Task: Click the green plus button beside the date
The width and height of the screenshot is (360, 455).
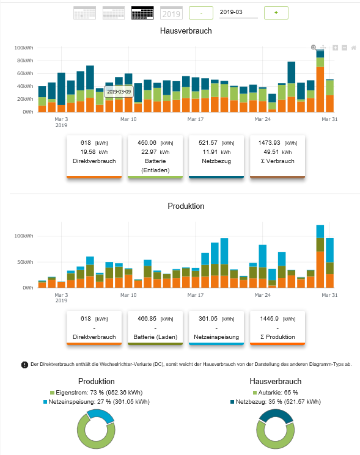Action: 276,13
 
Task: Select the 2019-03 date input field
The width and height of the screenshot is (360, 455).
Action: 238,12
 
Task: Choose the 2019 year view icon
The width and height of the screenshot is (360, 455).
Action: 171,13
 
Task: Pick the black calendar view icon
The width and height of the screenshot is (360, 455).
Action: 142,13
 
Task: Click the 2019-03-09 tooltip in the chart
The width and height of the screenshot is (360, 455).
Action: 119,92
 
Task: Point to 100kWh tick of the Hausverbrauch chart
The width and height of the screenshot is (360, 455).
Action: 24,48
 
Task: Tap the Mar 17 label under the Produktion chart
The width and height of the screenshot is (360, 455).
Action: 196,295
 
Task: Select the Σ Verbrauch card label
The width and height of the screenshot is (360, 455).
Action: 277,161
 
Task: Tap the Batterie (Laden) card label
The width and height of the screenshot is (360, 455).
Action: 155,337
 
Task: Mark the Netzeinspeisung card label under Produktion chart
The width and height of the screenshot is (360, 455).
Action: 216,337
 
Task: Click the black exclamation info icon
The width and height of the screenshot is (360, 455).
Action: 24,365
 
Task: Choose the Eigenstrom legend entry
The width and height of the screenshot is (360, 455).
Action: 96,393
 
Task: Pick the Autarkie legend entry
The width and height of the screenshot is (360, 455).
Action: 275,393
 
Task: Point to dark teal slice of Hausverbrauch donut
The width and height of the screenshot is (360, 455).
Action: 276,414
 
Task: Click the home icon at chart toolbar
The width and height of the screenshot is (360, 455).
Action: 354,48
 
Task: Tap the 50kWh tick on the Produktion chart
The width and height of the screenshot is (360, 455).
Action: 25,262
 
